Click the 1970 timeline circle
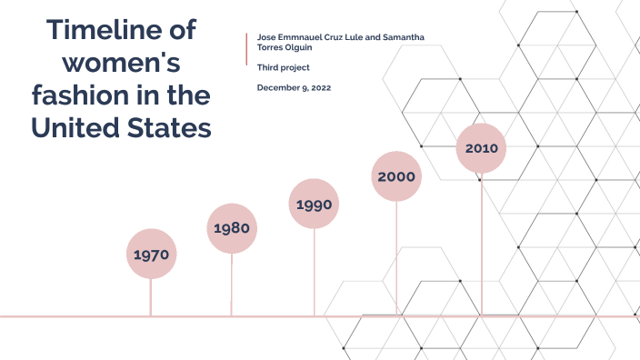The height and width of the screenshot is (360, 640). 151,255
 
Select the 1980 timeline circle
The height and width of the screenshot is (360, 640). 232,228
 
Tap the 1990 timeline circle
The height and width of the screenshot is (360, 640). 314,204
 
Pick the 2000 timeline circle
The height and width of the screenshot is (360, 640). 396,176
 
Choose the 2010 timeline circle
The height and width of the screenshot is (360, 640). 480,148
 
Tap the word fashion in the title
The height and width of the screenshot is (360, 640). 86,95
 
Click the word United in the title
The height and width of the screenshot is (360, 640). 77,128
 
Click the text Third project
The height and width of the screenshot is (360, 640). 284,67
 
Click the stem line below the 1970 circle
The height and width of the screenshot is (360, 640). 151,296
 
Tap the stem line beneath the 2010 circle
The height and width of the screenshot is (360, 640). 481,245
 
